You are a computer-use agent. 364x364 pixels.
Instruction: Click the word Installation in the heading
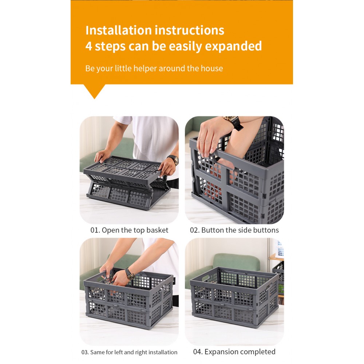pos(118,31)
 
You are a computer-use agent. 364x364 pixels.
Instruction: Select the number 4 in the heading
pos(89,46)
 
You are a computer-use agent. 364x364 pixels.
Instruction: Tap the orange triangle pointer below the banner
pos(94,91)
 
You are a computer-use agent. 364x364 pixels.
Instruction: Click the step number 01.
pos(95,230)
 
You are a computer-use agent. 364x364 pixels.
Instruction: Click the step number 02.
pos(195,230)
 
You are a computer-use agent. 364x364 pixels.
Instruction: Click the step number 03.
pos(85,352)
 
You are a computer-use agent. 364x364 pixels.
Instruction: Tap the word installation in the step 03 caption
pos(163,352)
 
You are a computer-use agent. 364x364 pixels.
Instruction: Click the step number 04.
pos(198,352)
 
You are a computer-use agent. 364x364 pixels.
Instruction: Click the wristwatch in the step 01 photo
pos(173,159)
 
